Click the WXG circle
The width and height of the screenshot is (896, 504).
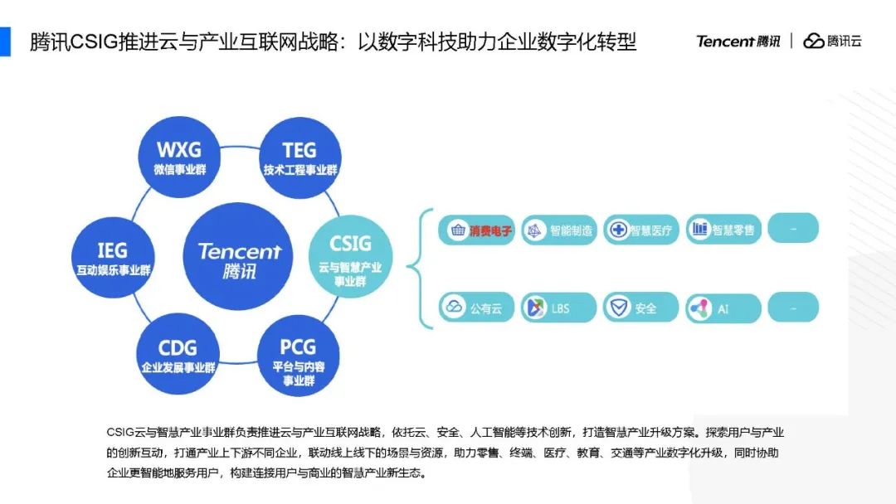pos(179,157)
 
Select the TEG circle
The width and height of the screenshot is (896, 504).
pos(299,157)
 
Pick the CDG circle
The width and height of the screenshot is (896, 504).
pos(178,354)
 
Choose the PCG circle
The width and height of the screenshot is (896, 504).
pos(299,355)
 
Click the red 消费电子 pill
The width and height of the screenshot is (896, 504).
pos(477,230)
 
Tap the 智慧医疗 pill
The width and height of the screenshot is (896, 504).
pos(640,230)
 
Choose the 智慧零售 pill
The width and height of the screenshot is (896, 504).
pos(723,230)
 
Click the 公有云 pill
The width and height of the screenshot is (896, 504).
pos(477,308)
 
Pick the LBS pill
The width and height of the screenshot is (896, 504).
pos(558,308)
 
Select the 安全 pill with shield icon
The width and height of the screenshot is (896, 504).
pos(640,308)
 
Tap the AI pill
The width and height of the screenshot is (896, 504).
pos(723,308)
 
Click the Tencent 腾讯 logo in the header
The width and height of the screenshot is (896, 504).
pos(738,41)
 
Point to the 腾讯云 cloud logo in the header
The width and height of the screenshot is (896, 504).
pos(832,41)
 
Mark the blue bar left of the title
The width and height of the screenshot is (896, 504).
pos(5,41)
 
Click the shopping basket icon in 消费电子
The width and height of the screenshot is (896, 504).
pos(457,230)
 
